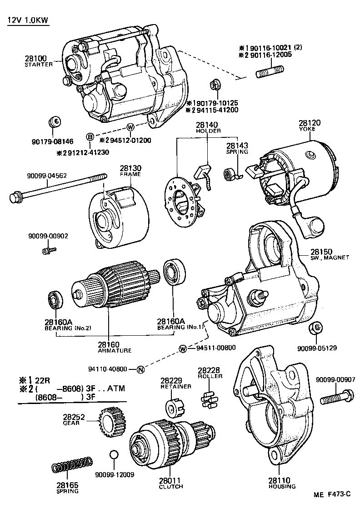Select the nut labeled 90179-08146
click(x=55, y=122)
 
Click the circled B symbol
click(x=90, y=137)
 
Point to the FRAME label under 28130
click(x=130, y=174)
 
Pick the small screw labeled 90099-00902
click(x=48, y=250)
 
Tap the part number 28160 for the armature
click(x=109, y=344)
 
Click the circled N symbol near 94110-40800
click(x=140, y=369)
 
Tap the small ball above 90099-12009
click(x=114, y=455)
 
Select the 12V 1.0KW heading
click(x=28, y=21)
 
